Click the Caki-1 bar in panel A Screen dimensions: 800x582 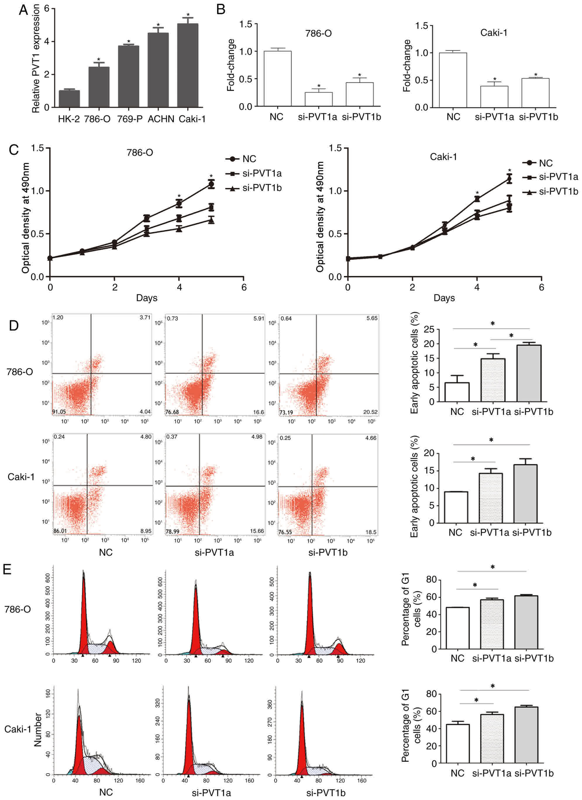click(187, 65)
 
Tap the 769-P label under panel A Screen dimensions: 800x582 click(130, 119)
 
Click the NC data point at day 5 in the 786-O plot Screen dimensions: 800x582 click(211, 184)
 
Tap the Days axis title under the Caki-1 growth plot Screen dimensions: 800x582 click(444, 298)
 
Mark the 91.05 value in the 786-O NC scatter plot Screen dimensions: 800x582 click(59, 412)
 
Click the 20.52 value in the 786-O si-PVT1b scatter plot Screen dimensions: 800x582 click(370, 412)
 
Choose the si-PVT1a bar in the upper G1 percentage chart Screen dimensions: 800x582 click(492, 624)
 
